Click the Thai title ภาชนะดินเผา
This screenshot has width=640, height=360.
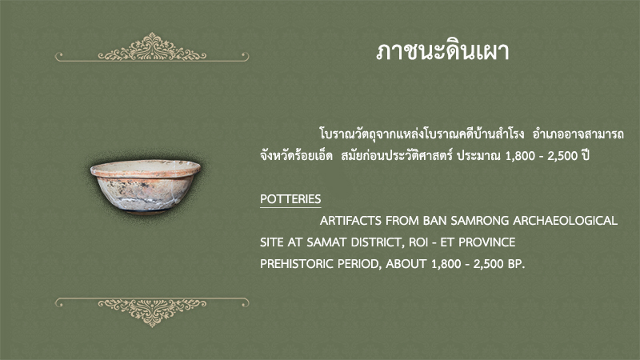(442, 52)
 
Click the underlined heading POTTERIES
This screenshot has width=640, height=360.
(290, 199)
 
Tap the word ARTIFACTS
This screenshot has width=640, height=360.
(351, 221)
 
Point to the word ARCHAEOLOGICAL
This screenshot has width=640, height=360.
(566, 221)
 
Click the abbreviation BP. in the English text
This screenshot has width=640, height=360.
(516, 264)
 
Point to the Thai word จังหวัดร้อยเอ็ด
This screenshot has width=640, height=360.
(296, 155)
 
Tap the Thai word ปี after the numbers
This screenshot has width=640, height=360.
(586, 155)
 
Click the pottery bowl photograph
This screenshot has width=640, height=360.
(146, 186)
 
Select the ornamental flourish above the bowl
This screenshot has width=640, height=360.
(152, 48)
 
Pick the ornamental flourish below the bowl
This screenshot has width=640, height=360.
(152, 312)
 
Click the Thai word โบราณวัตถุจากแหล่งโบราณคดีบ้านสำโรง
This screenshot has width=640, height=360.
(422, 134)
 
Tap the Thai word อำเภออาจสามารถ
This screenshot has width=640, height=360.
(578, 134)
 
